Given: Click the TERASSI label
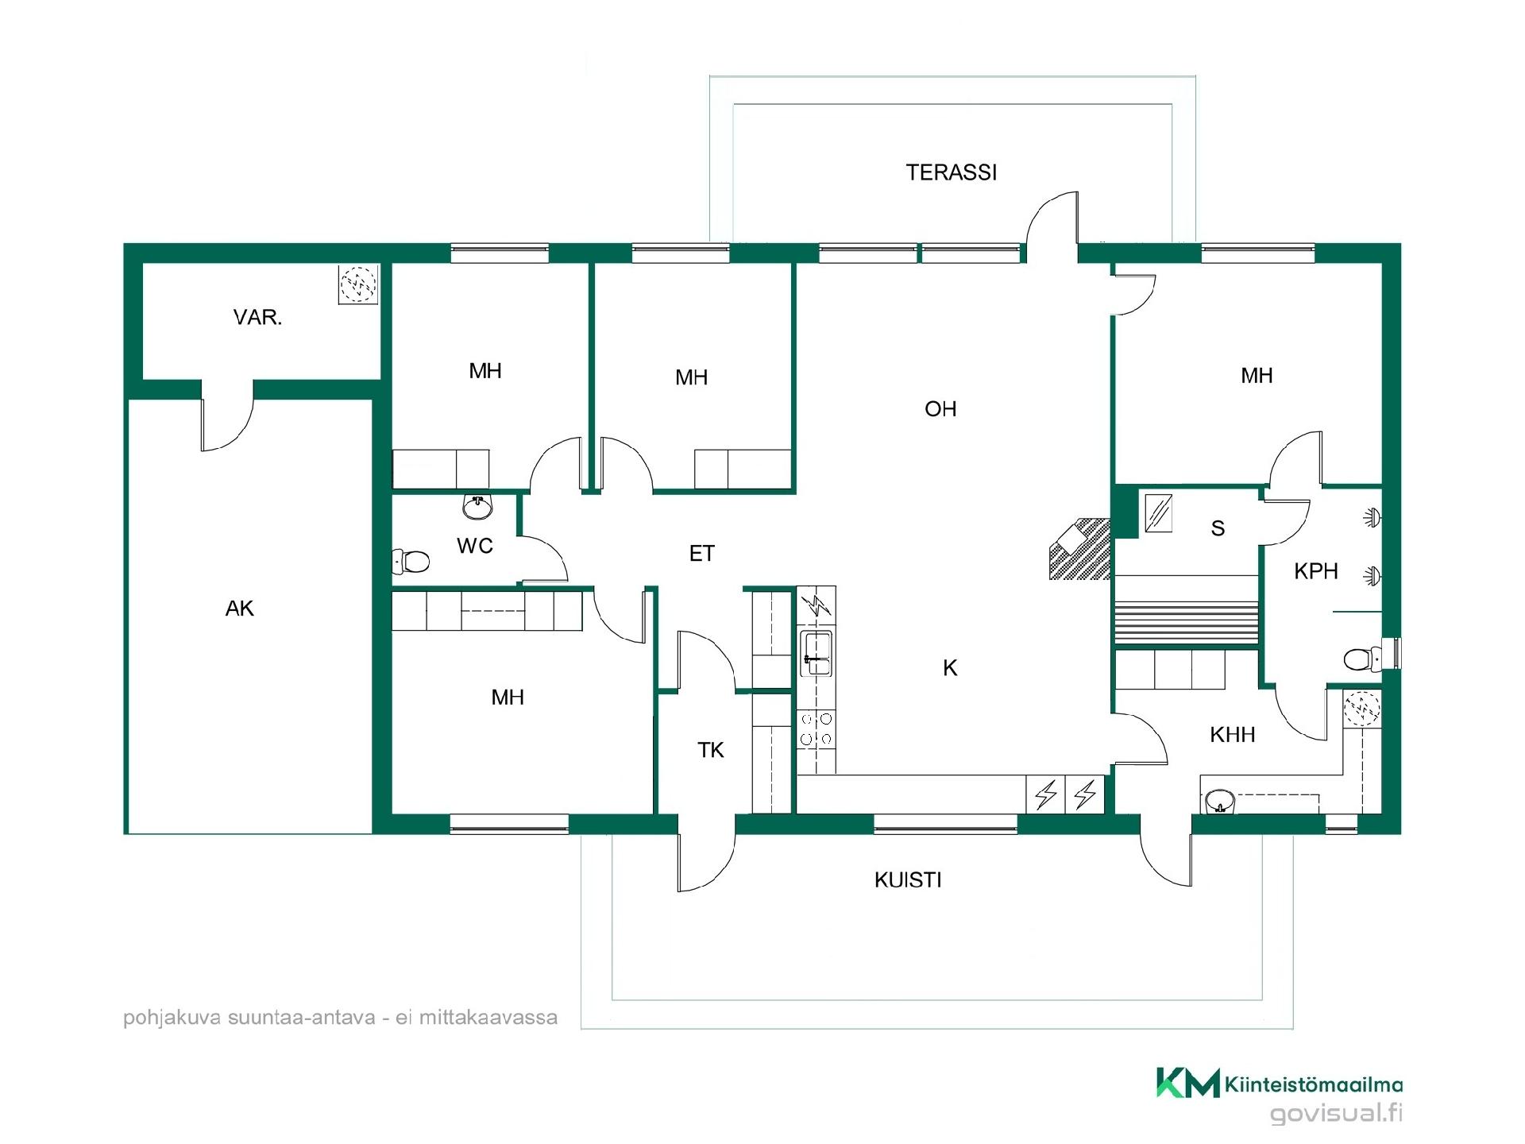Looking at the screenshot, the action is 951,172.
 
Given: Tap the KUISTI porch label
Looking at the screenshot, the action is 908,880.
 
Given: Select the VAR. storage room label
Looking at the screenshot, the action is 257,318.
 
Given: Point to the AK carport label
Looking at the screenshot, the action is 240,609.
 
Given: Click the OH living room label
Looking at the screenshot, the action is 940,409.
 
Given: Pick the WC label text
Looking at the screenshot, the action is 475,546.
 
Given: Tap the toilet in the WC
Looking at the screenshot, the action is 411,562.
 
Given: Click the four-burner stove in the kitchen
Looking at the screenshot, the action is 816,729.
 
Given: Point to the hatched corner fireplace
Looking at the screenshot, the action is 1079,548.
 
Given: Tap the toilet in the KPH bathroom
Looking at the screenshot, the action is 1365,658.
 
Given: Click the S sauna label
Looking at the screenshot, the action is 1218,528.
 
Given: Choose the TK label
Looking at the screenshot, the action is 711,750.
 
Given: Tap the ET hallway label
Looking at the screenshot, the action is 702,554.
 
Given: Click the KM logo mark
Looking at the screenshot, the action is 1187,1083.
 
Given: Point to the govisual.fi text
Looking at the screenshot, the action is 1336,1113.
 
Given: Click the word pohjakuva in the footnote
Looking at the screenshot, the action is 172,1018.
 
